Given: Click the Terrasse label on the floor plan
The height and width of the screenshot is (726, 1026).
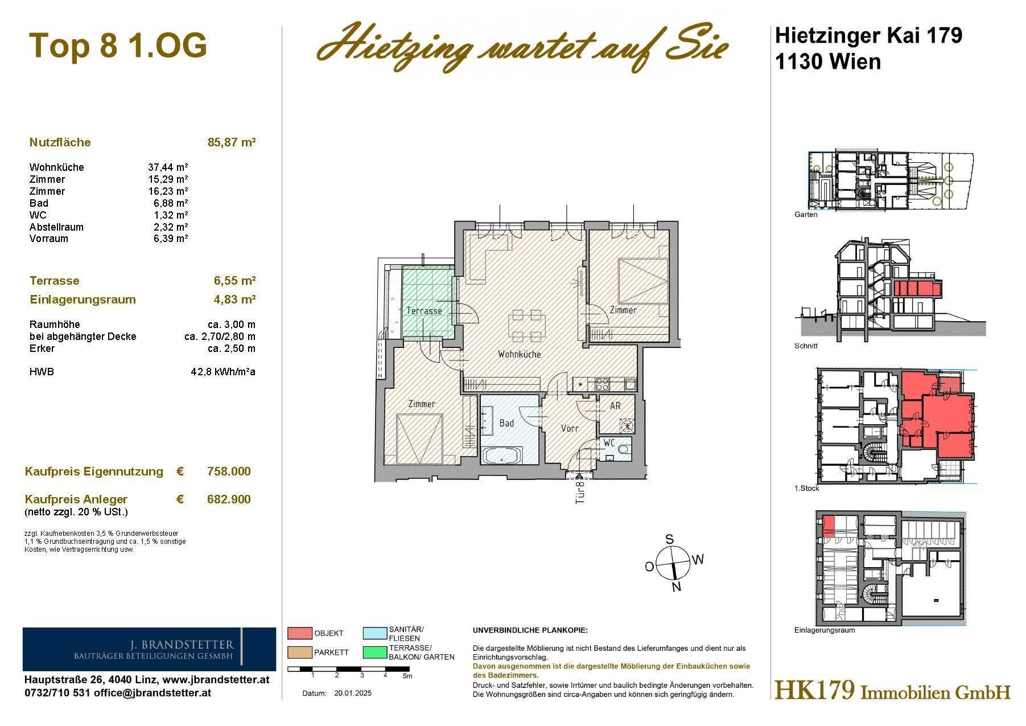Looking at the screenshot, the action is (424, 311).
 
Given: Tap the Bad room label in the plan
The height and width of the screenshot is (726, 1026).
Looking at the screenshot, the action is (506, 423).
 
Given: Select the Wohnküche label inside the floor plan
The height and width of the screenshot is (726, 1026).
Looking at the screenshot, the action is (519, 354).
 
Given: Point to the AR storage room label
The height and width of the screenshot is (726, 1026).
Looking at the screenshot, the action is (615, 406).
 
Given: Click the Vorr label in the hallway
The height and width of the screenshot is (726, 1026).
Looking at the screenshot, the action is (570, 428).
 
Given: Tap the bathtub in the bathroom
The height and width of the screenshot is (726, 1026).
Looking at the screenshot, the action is (502, 456).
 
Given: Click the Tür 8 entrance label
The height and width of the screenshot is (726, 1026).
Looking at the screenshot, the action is (580, 493).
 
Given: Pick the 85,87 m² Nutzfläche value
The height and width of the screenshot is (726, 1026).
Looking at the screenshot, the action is (232, 142).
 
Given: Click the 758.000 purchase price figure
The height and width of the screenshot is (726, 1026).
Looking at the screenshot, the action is (229, 471).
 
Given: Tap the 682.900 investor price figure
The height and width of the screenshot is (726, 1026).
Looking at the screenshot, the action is (229, 499).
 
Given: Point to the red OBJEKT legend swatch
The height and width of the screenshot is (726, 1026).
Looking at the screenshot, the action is (299, 633).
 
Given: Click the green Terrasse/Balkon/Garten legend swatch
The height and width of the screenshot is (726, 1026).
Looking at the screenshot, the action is (374, 652).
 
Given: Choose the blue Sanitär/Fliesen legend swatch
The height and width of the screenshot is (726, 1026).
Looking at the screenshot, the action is (374, 633).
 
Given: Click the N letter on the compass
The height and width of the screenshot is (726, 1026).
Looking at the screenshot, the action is (676, 588).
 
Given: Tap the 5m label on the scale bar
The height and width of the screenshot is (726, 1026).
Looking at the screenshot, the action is (407, 676).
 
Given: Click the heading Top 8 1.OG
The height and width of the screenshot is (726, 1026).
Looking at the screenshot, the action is (118, 45).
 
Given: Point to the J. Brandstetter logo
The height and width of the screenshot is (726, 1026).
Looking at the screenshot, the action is (149, 649).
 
